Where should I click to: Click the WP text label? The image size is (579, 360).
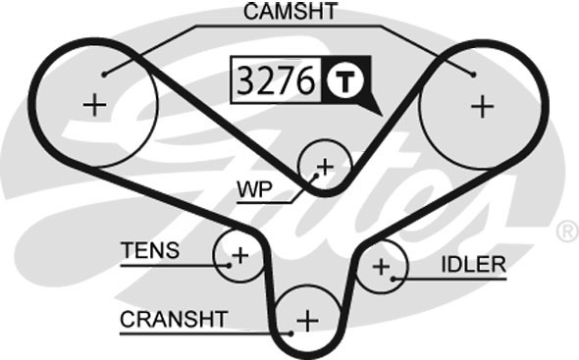click(253, 186)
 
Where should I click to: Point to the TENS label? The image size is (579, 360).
click(150, 250)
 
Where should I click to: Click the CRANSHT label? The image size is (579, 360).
click(174, 319)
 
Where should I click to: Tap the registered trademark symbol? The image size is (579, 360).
click(566, 232)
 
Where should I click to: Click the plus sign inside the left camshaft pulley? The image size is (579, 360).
click(94, 106)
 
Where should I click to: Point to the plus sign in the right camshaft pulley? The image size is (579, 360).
click(482, 106)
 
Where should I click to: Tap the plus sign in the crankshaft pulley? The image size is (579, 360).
click(308, 320)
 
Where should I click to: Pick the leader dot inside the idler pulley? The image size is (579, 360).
click(393, 279)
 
